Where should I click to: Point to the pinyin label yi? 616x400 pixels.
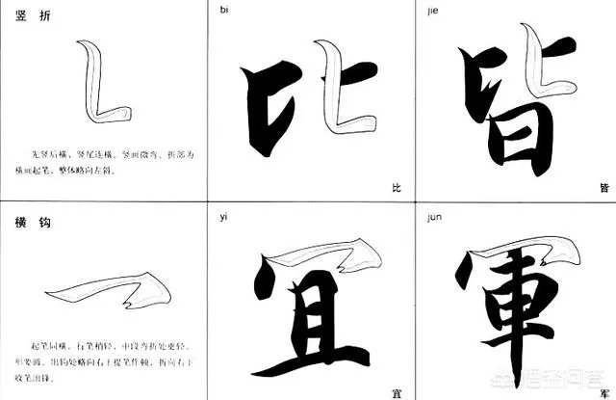224,217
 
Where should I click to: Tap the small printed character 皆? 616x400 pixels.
603,187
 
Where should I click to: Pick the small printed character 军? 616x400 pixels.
603,391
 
